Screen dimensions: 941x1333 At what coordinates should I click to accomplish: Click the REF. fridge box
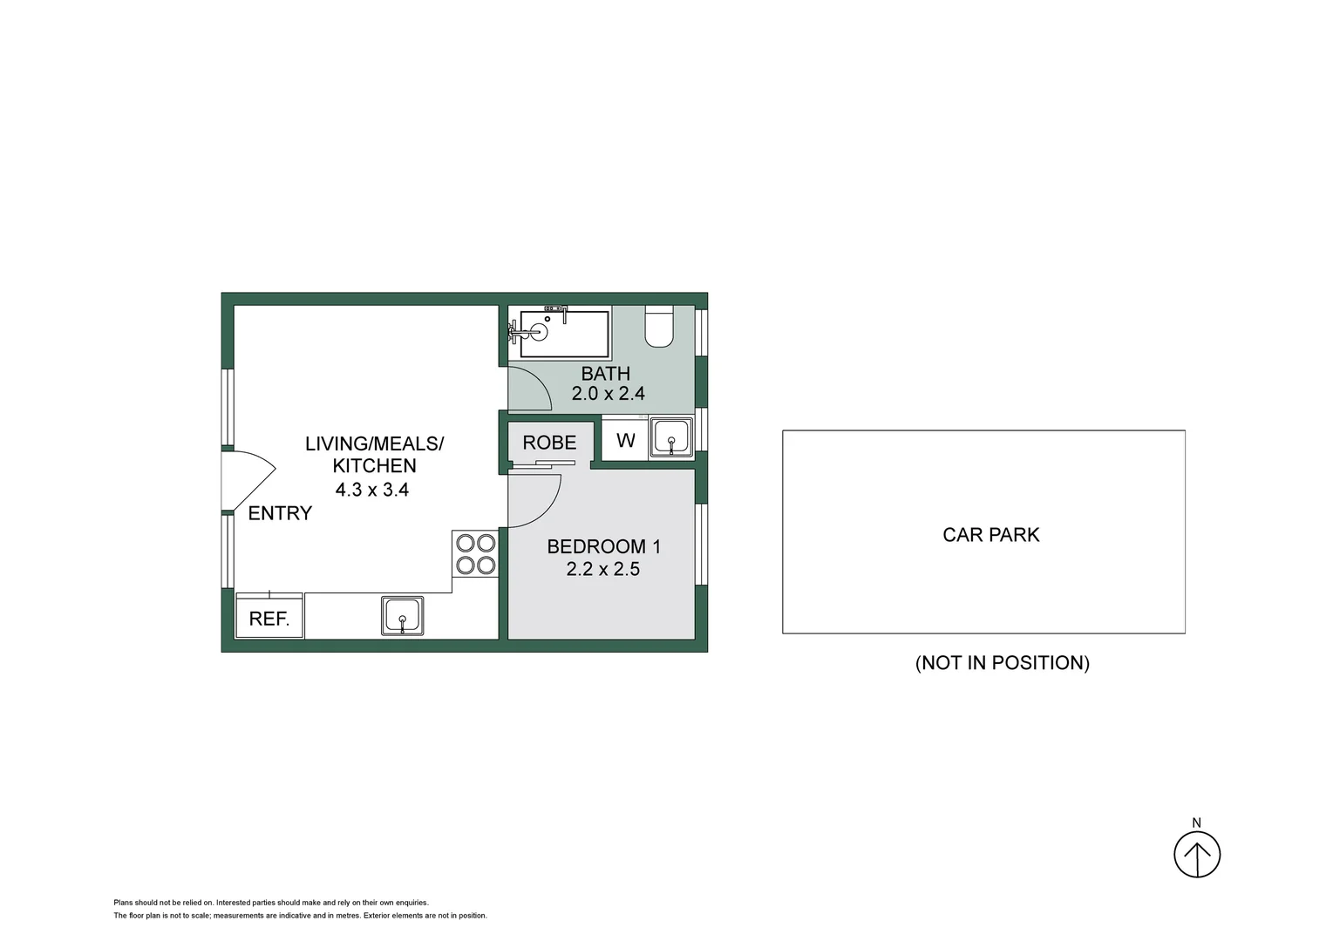pos(269,617)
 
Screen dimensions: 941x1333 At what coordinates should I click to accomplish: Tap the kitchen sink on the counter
pos(402,615)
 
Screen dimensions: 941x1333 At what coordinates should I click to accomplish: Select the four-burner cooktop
pos(475,554)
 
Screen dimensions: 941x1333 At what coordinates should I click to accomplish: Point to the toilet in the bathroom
pos(659,327)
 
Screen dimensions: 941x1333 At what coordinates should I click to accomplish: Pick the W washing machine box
pos(625,440)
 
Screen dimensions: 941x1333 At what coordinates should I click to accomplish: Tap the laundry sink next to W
pos(670,437)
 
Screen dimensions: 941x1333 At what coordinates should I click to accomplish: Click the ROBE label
pos(549,443)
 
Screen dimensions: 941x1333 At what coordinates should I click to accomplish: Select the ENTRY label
pos(280,513)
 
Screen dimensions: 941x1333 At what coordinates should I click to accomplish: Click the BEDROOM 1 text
pos(603,547)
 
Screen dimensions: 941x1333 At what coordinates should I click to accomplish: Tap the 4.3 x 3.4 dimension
pos(372,490)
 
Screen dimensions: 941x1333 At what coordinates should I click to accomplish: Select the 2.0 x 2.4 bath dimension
pos(608,394)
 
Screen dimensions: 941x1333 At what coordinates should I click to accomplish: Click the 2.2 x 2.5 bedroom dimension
pos(603,569)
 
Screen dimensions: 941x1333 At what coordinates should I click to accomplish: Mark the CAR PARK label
pos(990,535)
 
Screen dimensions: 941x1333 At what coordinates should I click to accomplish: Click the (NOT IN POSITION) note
pos(1002,663)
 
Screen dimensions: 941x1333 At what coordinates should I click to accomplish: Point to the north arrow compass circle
pos(1196,855)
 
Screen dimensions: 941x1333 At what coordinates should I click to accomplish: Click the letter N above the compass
pos(1196,823)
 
